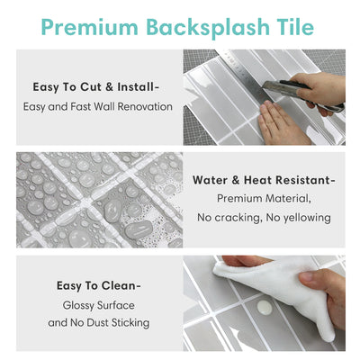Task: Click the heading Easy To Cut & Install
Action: click(96, 87)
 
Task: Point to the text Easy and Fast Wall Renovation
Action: click(96, 107)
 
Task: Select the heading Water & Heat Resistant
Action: click(262, 179)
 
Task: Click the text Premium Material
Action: click(262, 198)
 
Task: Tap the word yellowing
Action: click(304, 217)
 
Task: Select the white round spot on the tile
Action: click(265, 308)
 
